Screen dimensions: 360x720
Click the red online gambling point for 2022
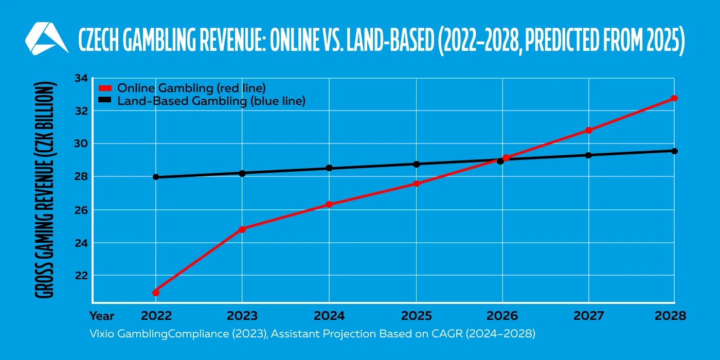coord(156,293)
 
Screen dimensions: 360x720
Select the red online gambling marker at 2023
coord(242,229)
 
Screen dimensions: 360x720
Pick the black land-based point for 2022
coord(156,177)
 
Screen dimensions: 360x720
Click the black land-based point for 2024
coord(329,168)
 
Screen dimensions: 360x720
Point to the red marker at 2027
coord(589,130)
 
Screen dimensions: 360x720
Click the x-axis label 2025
coord(416,316)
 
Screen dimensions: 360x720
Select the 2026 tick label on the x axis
coord(502,316)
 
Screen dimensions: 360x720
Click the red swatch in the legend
coord(105,88)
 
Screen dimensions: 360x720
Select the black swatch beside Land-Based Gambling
coord(105,101)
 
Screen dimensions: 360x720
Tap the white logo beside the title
coord(46,39)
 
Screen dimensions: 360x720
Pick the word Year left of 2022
coord(102,316)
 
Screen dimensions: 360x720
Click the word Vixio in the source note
coord(103,334)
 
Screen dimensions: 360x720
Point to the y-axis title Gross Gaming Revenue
coord(45,190)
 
